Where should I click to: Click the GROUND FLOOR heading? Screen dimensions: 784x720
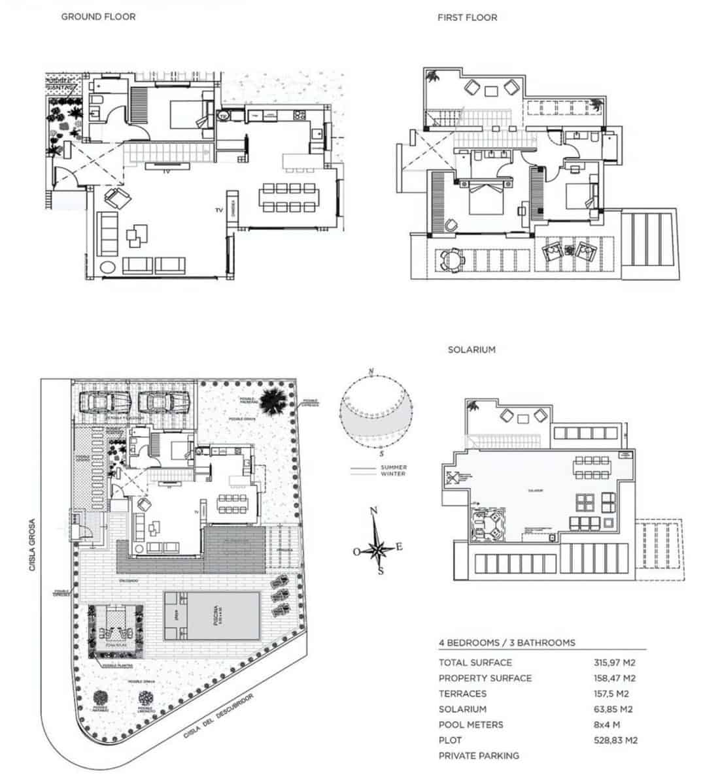pos(98,16)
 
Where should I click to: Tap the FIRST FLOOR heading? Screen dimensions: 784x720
pos(467,18)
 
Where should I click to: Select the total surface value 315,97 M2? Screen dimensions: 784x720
pos(614,662)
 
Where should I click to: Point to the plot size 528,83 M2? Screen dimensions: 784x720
pos(615,740)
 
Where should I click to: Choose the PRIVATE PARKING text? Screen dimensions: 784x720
pos(479,756)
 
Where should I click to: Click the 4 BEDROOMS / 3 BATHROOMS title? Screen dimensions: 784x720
pos(507,642)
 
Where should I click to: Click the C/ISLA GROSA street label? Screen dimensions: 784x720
pos(31,546)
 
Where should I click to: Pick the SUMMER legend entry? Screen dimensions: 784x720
pos(393,467)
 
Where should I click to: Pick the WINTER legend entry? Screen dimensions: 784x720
pos(393,474)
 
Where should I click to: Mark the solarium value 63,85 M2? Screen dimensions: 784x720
pos(614,709)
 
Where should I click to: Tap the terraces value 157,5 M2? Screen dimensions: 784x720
pos(611,694)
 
